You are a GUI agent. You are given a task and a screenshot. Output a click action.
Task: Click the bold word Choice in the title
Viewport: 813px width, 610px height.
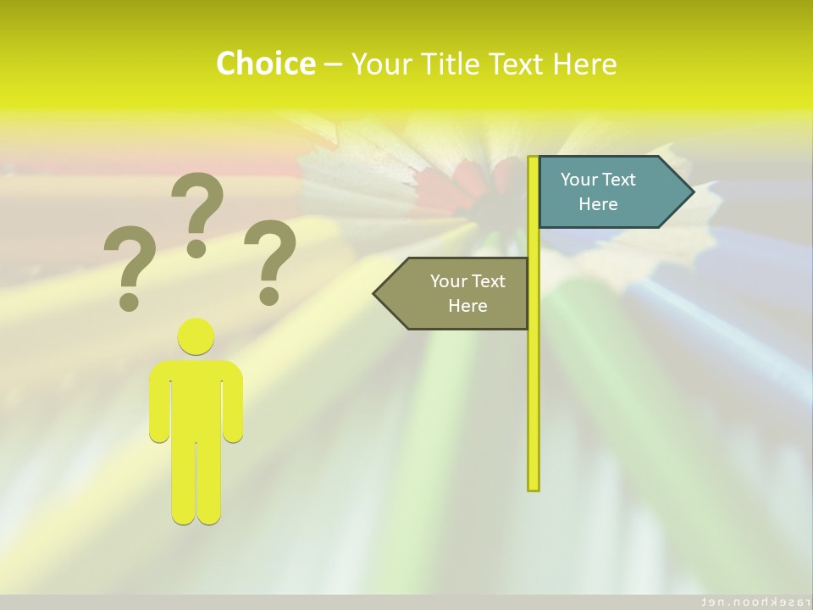pos(265,64)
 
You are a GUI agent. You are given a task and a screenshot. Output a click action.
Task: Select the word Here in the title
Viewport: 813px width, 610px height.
pos(584,64)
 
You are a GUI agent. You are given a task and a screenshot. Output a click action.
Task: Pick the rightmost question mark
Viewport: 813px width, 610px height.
pos(270,261)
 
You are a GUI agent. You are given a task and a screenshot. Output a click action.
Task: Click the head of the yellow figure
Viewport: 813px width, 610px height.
pos(196,336)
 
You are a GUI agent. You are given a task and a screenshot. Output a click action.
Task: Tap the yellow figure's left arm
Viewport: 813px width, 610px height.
pos(159,402)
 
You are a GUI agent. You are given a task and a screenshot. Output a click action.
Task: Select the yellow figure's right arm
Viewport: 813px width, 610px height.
pos(233,402)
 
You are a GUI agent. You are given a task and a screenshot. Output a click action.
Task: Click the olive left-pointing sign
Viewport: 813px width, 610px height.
pos(457,293)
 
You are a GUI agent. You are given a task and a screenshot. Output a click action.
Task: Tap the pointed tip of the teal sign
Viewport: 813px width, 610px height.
pos(691,192)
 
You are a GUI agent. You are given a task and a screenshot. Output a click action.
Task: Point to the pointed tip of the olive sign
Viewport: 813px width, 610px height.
pos(376,293)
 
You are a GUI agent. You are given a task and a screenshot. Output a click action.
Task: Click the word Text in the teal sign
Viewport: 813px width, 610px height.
pos(619,180)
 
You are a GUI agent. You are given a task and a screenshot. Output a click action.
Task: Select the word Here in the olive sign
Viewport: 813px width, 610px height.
pos(467,306)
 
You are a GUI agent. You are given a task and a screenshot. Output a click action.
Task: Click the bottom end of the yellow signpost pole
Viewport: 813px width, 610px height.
pos(534,486)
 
